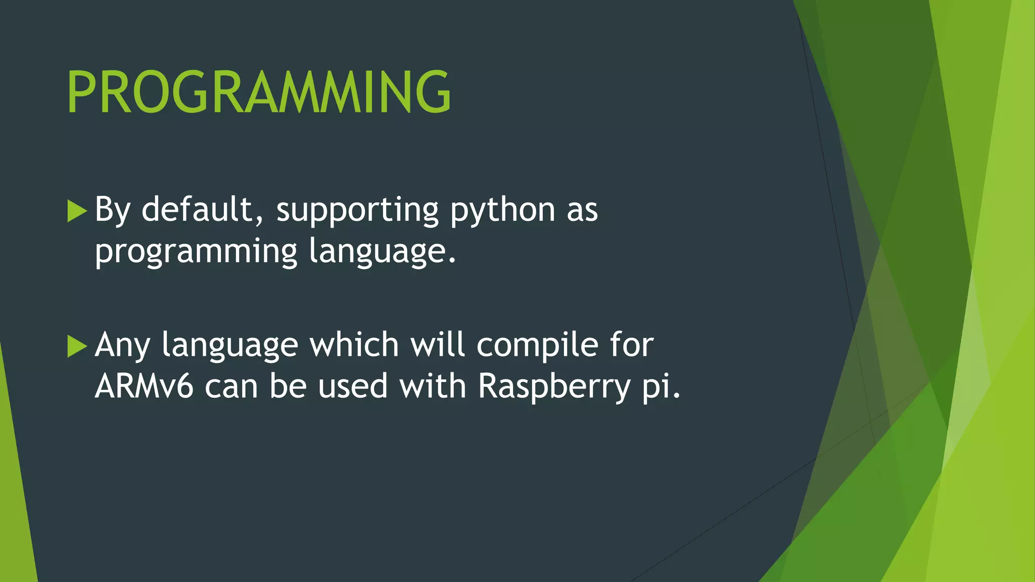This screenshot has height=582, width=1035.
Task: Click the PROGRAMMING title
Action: point(259,92)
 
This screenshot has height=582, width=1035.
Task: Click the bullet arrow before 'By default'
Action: point(77,211)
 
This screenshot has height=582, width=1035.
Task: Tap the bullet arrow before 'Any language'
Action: point(77,346)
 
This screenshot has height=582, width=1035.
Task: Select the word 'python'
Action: point(502,210)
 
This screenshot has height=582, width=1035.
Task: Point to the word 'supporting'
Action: point(357,210)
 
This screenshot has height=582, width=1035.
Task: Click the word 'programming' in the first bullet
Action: point(196,252)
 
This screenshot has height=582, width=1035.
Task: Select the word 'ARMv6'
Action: point(144,386)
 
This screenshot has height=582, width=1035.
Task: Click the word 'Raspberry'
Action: point(554,387)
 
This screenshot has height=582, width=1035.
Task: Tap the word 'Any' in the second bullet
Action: point(122,346)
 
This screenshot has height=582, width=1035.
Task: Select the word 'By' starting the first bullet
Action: point(113,210)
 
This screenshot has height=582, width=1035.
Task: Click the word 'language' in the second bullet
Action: point(230,346)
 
